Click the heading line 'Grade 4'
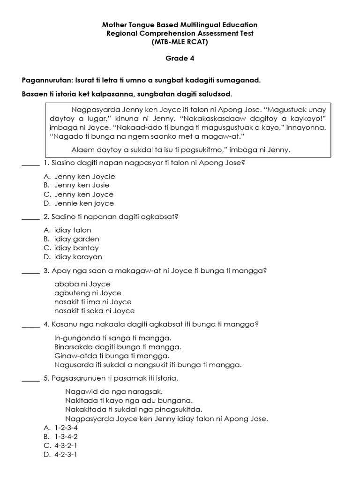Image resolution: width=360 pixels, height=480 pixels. tap(180, 59)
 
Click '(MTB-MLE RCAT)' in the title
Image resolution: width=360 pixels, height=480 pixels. tap(180, 42)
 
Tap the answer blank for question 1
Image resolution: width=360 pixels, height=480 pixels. tap(30, 164)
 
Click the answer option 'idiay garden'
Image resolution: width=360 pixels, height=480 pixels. tap(76, 239)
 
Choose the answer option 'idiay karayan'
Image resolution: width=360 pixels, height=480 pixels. tap(78, 257)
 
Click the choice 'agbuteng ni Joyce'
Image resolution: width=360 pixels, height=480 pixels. tap(88, 293)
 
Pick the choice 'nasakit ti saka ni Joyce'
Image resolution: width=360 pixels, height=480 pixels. tap(94, 311)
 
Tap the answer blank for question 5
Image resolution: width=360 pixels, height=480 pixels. tap(30, 378)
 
